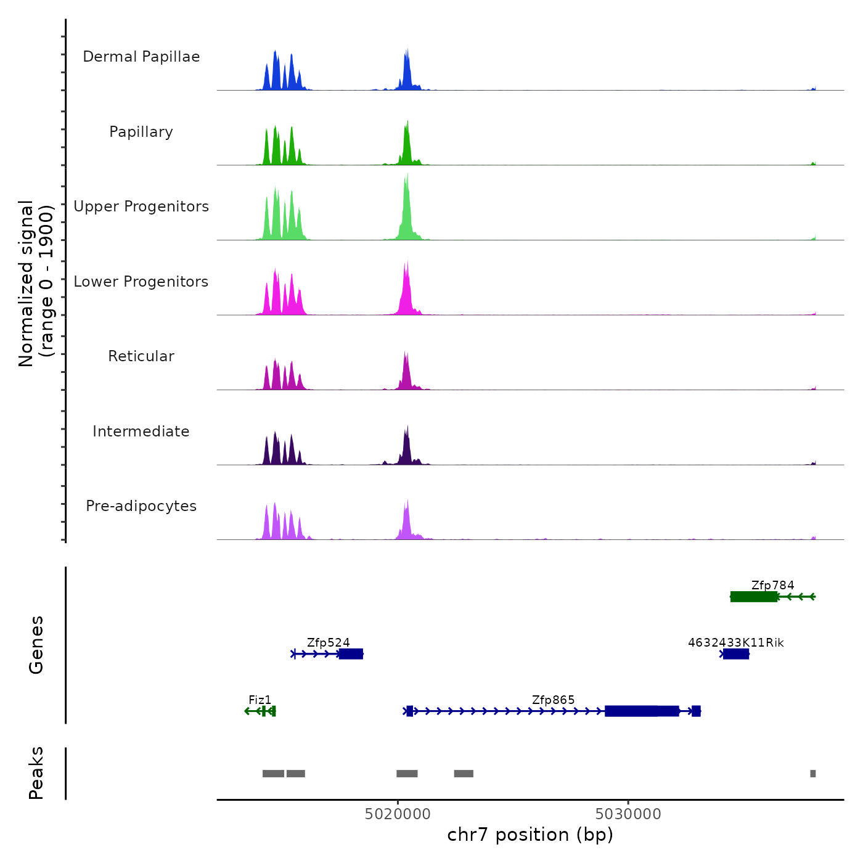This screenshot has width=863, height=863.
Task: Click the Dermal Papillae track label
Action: pos(141,57)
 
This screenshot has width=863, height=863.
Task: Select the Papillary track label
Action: pos(141,132)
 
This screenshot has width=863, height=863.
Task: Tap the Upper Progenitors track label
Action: pos(141,207)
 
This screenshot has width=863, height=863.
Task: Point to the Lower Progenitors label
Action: pos(141,282)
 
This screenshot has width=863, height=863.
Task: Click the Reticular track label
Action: pos(141,356)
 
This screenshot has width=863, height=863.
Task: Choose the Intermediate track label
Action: pos(141,431)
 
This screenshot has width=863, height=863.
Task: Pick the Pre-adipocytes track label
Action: pos(141,506)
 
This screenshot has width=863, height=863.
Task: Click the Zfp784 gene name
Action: pos(772,585)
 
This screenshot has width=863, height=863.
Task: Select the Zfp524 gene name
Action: pos(328,642)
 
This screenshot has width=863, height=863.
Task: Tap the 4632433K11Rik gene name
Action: pos(735,642)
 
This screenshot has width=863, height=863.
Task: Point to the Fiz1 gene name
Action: pos(260,700)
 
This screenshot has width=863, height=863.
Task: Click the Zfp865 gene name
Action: pos(553,700)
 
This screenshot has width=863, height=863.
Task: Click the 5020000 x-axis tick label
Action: pos(398,814)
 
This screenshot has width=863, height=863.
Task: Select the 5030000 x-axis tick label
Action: pos(628,814)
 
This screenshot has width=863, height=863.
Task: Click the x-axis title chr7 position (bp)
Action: pos(530,835)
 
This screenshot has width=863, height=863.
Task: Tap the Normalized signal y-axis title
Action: pos(36,284)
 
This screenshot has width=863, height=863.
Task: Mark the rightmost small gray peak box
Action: pos(812,774)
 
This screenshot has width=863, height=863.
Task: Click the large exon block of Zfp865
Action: pos(641,711)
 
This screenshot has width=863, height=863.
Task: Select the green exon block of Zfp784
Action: pos(753,597)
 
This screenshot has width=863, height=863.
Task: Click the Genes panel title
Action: pos(36,645)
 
